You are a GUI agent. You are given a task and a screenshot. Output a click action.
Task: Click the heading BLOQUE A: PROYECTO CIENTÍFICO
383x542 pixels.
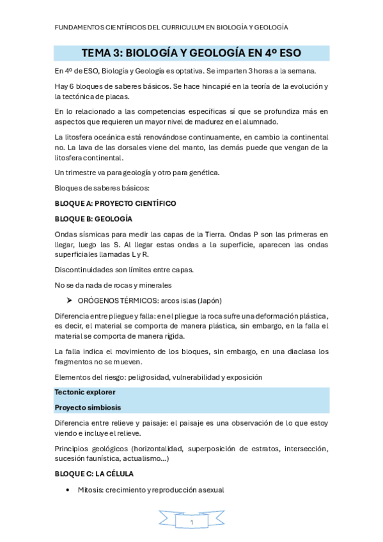point(115,203)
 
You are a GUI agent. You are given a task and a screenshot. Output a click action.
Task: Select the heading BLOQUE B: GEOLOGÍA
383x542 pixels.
point(93,219)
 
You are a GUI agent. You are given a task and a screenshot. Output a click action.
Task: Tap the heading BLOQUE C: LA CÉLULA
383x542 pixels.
point(94,474)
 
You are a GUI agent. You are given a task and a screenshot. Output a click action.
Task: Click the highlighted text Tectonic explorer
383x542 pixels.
point(85,392)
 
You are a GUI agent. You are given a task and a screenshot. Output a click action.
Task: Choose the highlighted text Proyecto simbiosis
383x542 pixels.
point(88,407)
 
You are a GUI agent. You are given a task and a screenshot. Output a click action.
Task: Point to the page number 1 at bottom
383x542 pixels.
point(191,522)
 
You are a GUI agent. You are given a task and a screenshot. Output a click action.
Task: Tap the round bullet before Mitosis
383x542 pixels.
point(69,490)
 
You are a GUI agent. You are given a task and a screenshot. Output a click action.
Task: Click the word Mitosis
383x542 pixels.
point(90,490)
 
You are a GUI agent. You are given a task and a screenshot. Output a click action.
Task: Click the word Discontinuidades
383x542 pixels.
point(86,268)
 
